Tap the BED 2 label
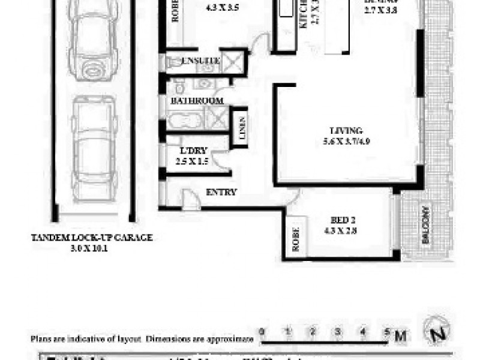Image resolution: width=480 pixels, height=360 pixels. pos(344,219)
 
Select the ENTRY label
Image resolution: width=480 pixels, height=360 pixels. pos(221,193)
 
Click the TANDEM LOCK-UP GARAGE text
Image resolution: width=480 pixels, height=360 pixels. pos(92,238)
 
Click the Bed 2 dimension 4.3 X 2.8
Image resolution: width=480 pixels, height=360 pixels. pos(344,229)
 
